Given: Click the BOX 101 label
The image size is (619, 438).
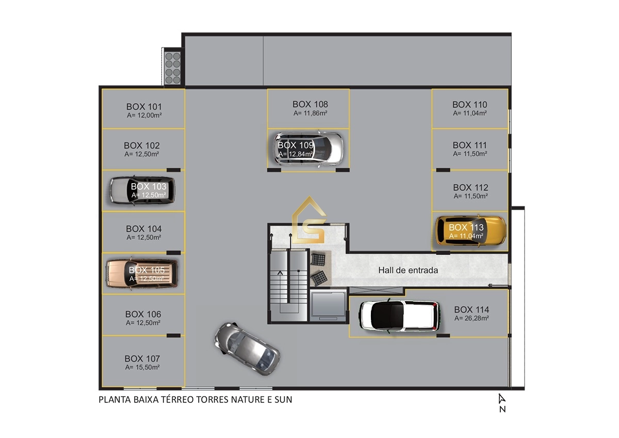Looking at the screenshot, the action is tap(144, 107).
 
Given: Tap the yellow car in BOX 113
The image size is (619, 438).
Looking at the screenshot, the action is tap(471, 231).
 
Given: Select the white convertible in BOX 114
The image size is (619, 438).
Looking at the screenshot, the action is tap(399, 316).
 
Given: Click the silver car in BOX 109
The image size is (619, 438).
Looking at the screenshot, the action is tap(308, 149).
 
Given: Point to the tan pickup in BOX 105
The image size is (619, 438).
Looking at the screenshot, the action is tap(142, 273).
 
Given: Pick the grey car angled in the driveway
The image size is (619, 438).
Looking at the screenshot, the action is tap(247, 348).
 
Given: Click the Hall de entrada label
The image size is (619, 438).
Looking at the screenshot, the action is tap(408, 270).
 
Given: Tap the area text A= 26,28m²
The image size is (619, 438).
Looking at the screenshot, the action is tap(471, 318).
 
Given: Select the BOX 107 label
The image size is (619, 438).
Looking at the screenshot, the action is tap(142, 359).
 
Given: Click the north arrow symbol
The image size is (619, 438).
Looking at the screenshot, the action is tap(501, 398).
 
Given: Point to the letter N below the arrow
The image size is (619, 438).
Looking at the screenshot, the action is tap(502, 409).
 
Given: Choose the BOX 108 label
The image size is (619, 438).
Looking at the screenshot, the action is tap(310, 104).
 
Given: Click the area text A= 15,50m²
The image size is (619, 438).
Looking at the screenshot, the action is tap(142, 367).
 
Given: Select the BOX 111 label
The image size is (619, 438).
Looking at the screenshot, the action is tap(469, 145).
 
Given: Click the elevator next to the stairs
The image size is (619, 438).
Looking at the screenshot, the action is tap(328, 305).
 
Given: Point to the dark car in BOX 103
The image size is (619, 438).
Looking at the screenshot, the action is tap(142, 190).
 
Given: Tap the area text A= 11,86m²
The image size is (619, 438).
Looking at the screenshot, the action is tap(311, 113).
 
